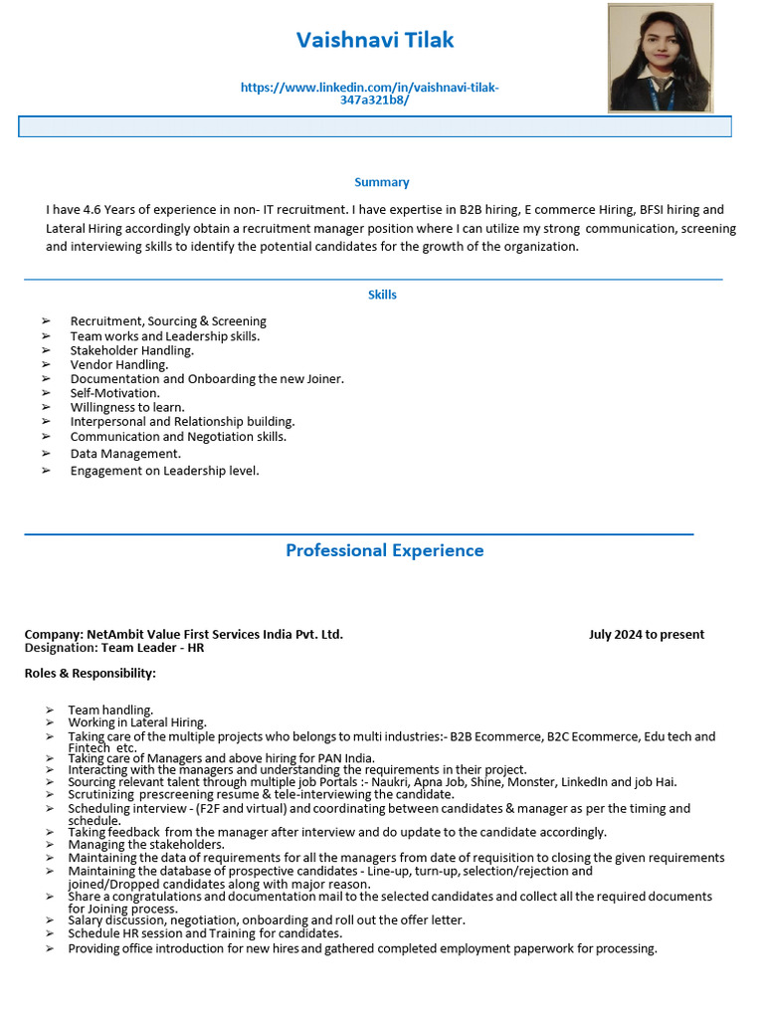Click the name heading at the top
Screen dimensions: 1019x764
pos(375,40)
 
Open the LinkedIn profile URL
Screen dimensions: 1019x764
pos(370,94)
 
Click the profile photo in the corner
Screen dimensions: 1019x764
pos(660,58)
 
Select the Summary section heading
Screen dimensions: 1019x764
pos(382,182)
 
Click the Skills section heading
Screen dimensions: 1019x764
pos(382,295)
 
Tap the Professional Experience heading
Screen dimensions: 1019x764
pos(384,550)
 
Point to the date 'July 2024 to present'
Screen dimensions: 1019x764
pos(646,634)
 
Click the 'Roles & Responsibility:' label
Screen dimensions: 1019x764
pos(91,674)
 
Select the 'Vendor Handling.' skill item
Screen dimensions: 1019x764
pos(119,364)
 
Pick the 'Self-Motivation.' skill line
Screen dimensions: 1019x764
pos(114,393)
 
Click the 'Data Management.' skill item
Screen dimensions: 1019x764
pos(125,454)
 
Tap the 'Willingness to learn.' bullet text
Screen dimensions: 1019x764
pos(127,407)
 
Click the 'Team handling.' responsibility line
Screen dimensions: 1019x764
pos(110,710)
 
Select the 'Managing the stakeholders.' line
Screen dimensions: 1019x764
pos(146,844)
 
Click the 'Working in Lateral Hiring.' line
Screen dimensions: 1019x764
pos(137,722)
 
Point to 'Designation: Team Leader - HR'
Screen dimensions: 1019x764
pos(114,648)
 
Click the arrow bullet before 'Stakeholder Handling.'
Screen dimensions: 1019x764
pos(46,350)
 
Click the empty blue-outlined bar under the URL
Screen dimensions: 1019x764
pos(375,126)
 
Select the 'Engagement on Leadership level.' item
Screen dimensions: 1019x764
pos(164,471)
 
